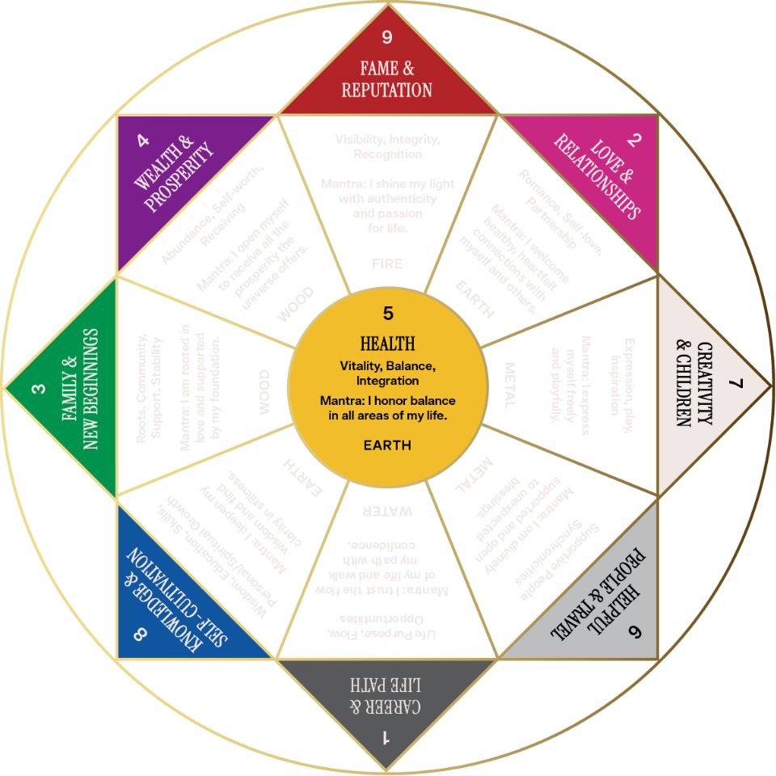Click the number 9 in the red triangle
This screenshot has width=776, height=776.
coord(387,37)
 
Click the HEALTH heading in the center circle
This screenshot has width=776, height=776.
coord(388,343)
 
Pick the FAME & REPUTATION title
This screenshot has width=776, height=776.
coord(387,79)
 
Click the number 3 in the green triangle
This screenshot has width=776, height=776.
coord(38,389)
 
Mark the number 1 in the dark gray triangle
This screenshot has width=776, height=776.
coord(386,737)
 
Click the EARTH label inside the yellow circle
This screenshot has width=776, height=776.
coord(388,445)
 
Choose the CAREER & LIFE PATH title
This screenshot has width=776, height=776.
coord(386,694)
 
